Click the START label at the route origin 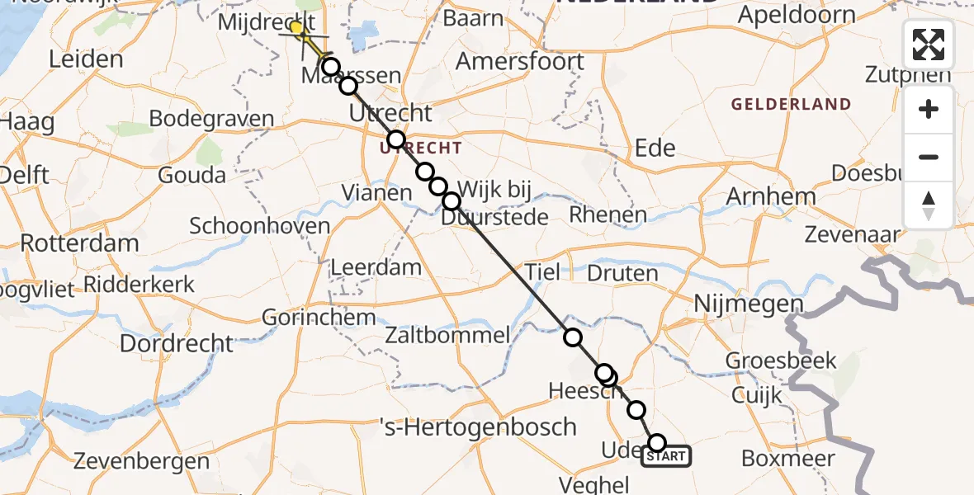[x=665, y=456]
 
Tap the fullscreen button [x=929, y=45]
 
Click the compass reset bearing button [x=929, y=205]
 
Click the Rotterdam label [x=79, y=243]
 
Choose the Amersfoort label [x=520, y=61]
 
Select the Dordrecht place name [x=177, y=342]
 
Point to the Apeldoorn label [x=797, y=15]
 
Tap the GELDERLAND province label [x=791, y=104]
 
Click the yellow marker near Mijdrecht [x=296, y=27]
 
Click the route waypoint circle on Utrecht [x=396, y=139]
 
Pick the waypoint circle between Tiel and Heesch [x=572, y=337]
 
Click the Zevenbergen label [x=141, y=461]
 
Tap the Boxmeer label [x=788, y=459]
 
